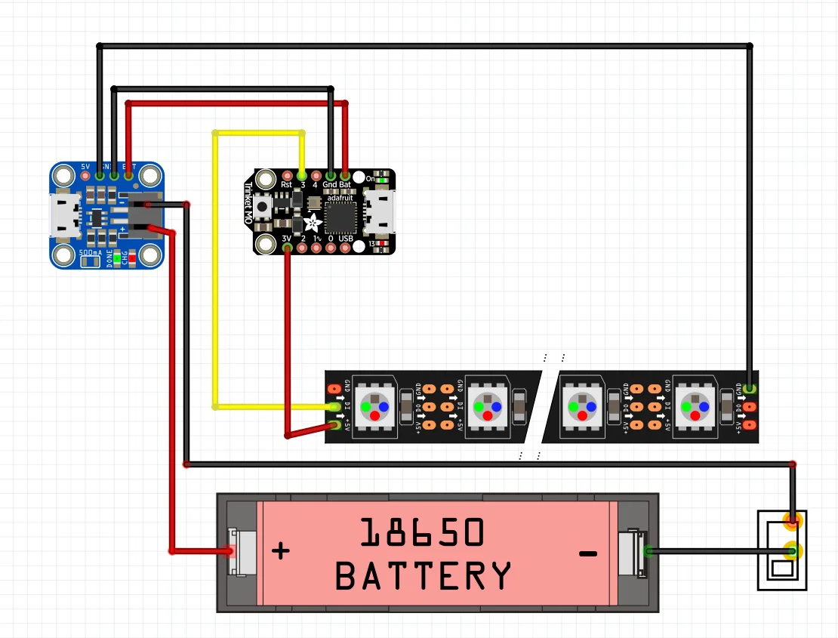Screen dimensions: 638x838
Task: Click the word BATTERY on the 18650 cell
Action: (423, 577)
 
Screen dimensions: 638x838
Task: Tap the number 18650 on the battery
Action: (421, 533)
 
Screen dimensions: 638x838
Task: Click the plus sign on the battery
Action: (280, 550)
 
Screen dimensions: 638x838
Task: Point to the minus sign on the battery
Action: (587, 554)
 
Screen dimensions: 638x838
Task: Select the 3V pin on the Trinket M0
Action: (287, 248)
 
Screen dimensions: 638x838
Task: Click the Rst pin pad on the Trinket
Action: (287, 175)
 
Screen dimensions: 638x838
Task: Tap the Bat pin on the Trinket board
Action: (345, 175)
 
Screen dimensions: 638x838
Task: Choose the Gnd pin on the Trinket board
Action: (331, 175)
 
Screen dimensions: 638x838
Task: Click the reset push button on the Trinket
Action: (263, 207)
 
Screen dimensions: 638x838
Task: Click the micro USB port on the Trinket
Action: (379, 211)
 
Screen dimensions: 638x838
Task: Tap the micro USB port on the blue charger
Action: (62, 214)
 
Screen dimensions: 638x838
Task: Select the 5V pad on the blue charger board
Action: (85, 175)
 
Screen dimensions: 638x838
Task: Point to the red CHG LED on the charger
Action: (132, 257)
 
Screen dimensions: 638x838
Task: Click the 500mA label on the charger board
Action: (91, 253)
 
